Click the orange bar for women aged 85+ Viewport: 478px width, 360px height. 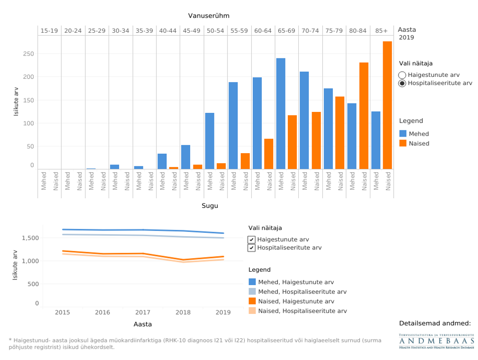point(387,105)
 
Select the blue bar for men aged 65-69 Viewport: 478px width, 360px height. point(281,113)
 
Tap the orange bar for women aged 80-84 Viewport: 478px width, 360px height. point(364,116)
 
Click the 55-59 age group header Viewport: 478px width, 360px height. point(239,30)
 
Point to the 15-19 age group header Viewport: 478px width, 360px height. point(49,30)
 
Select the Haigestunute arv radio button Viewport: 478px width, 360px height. point(402,75)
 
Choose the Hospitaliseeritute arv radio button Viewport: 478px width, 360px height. point(402,83)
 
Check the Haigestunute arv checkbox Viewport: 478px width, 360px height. point(252,240)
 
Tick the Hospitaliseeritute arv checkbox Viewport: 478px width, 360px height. point(252,248)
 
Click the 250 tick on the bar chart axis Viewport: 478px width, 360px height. point(28,54)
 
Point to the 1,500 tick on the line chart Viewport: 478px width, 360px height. point(31,238)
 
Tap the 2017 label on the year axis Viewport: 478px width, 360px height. point(143,313)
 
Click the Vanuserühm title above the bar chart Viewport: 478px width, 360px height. point(209,16)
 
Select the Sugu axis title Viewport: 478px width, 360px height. point(210,206)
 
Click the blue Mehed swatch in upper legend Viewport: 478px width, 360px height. point(403,134)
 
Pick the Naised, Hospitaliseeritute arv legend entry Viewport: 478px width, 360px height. point(302,311)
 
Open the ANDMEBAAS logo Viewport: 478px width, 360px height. point(436,342)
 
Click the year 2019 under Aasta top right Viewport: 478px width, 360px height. point(406,37)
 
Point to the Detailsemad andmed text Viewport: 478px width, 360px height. point(435,323)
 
